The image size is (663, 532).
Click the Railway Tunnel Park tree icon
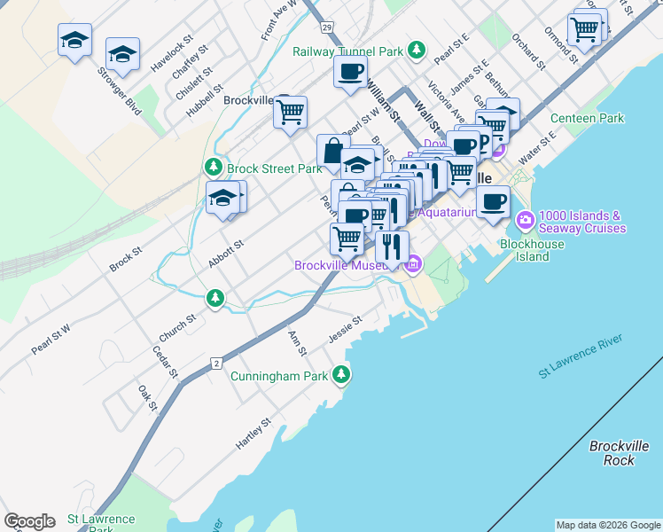pos(416,51)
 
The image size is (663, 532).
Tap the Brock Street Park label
pos(274,168)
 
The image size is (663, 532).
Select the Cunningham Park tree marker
pos(341,376)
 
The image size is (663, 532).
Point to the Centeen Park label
pos(587,118)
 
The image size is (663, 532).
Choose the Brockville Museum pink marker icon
pos(412,264)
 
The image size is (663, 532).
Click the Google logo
pos(29,521)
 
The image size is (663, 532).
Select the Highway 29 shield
pos(327,28)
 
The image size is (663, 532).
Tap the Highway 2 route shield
pos(215,364)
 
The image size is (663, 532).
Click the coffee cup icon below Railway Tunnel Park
pos(350,72)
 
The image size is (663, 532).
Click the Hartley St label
pos(253,434)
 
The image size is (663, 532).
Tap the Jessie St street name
pos(345,329)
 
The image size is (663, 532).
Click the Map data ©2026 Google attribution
pos(607,525)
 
